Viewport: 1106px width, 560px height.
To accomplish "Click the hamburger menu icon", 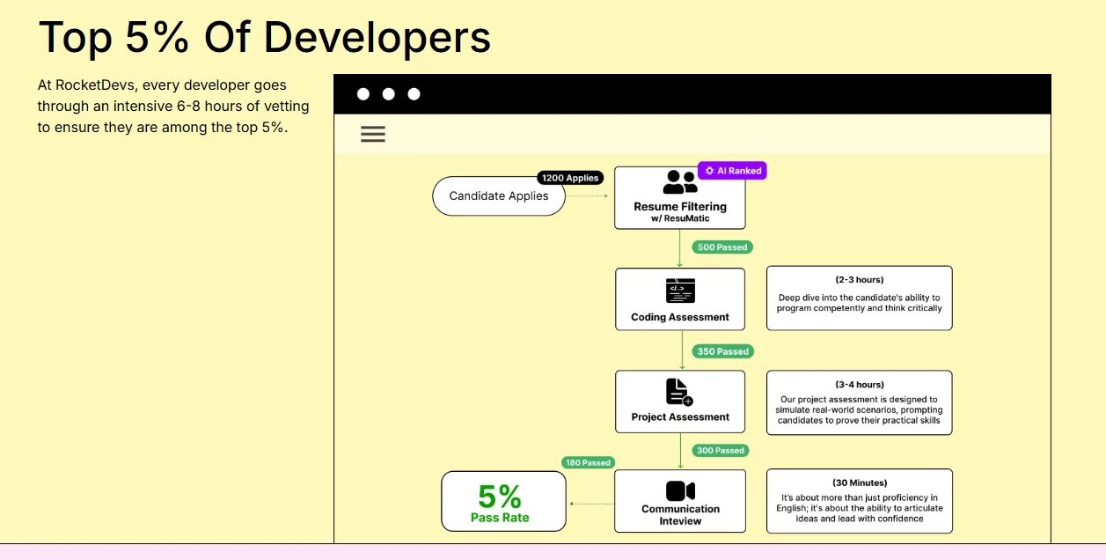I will tap(373, 135).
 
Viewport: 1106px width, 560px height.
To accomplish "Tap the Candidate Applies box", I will tap(498, 196).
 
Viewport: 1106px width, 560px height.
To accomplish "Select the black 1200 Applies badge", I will tap(570, 178).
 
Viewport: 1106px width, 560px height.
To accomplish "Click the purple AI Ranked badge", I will tap(732, 171).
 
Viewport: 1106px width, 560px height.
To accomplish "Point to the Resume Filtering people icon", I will tap(680, 182).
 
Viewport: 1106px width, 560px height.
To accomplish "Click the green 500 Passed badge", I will tap(722, 247).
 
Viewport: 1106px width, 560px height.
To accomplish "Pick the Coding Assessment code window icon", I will tap(680, 291).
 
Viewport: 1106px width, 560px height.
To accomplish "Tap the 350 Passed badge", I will tap(722, 351).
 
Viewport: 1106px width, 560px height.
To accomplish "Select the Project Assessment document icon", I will tap(678, 392).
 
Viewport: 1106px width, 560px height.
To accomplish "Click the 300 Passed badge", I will tap(720, 451).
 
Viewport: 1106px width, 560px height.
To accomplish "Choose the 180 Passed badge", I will tap(588, 462).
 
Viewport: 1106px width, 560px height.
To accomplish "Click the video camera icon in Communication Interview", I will tap(680, 490).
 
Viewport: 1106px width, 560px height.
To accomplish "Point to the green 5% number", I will tap(500, 497).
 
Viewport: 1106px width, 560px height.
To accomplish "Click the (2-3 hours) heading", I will tap(860, 280).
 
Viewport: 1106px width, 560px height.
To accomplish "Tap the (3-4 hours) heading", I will tap(860, 385).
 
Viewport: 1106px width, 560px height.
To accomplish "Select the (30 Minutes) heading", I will tap(860, 483).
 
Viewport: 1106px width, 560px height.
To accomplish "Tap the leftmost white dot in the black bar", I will tap(363, 94).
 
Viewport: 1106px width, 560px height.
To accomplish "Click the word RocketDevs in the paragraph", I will tap(96, 85).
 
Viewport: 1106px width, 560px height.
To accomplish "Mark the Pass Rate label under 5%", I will tap(500, 518).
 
